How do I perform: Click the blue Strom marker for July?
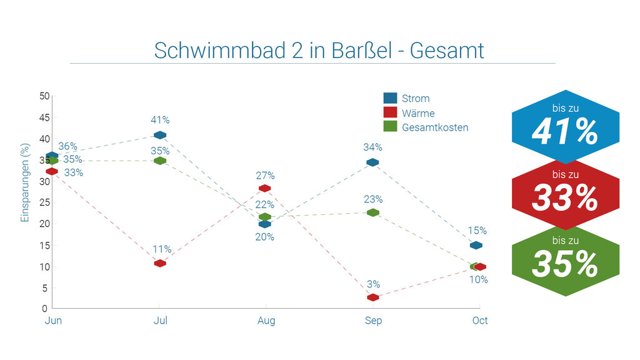[160, 135]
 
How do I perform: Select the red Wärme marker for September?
[373, 297]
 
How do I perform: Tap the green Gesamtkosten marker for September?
[373, 212]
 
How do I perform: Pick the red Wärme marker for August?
[264, 188]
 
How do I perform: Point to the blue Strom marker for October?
[476, 245]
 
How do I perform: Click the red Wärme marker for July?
[160, 263]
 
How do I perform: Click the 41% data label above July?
[160, 120]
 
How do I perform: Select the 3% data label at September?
[373, 284]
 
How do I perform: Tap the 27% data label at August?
[265, 176]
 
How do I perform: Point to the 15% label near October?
[477, 231]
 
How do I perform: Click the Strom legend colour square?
[390, 98]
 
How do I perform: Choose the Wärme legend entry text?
[418, 113]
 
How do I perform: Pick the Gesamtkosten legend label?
[435, 127]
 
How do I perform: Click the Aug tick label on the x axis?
[266, 321]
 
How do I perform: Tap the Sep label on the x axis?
[373, 321]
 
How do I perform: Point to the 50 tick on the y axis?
[44, 96]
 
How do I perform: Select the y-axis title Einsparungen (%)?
[25, 182]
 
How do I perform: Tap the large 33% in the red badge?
[565, 199]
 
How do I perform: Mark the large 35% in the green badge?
[565, 264]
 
